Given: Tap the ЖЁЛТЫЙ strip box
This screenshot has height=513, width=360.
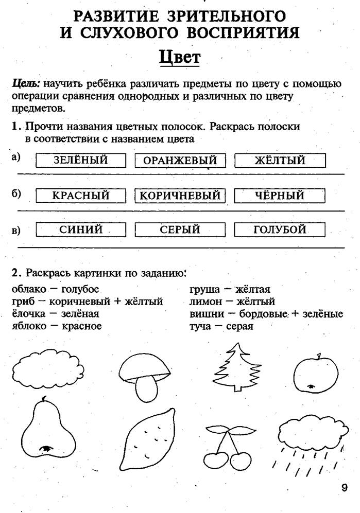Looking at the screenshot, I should click(280, 161).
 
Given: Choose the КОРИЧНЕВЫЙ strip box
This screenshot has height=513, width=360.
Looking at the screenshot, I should click(180, 196).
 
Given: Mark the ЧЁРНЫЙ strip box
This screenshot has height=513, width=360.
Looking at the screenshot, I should click(280, 196).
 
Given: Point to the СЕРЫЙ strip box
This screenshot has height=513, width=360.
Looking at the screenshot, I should click(180, 229).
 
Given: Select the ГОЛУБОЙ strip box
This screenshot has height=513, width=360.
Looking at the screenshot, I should click(280, 229).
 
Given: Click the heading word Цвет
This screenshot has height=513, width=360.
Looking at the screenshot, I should click(179, 57).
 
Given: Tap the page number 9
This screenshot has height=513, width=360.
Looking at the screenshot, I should click(344, 487).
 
